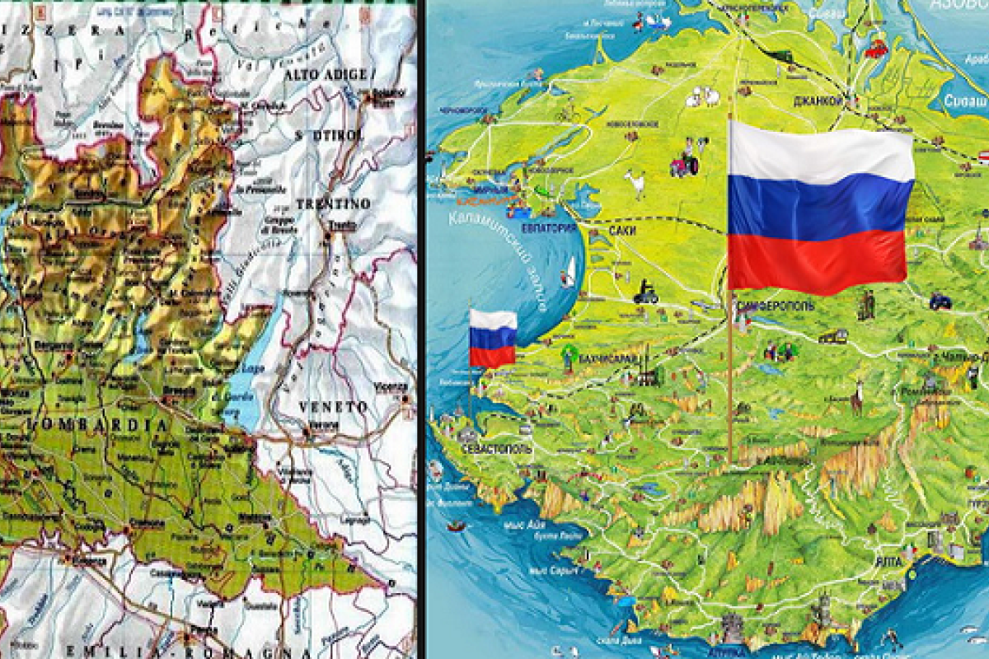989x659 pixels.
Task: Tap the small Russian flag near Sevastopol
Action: click(x=493, y=338)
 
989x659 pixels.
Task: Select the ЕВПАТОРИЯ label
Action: click(x=549, y=228)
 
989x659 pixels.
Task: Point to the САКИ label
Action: click(x=623, y=231)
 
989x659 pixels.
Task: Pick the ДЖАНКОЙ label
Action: click(x=818, y=100)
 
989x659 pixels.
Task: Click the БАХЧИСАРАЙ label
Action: click(x=610, y=359)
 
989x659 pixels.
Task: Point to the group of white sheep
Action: click(x=701, y=99)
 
